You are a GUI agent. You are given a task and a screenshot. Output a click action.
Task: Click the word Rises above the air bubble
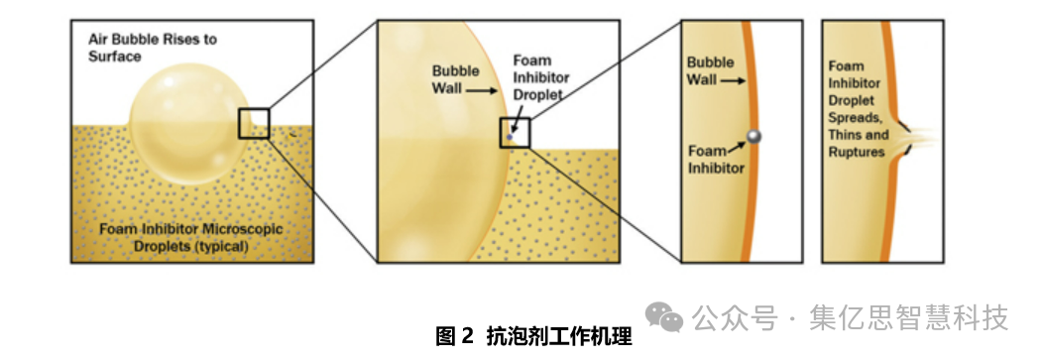click(174, 39)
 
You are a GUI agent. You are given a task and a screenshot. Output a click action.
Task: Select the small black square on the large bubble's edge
click(254, 123)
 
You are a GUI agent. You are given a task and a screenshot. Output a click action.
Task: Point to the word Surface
click(115, 56)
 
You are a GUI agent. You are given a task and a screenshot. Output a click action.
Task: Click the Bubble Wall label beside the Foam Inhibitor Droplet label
click(455, 79)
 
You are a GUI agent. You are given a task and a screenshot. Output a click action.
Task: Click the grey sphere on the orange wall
click(753, 136)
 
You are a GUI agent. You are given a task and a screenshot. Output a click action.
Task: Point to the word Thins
click(845, 135)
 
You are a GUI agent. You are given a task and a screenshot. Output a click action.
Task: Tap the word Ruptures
click(857, 152)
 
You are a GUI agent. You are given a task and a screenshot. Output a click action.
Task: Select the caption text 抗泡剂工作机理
click(559, 336)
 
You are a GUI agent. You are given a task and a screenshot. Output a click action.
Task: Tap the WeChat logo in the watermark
click(664, 317)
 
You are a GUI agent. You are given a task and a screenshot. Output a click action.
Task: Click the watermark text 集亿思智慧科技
click(908, 317)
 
